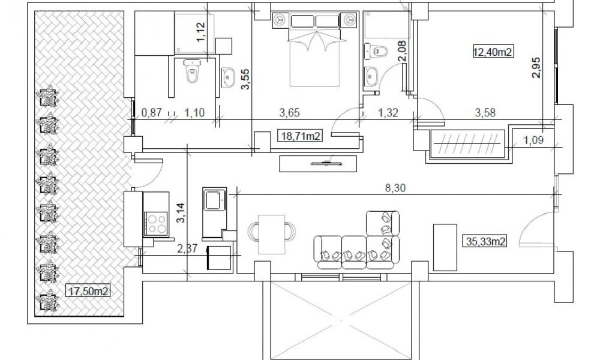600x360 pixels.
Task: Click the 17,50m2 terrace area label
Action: tap(88, 291)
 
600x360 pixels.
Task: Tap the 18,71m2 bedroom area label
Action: tap(301, 136)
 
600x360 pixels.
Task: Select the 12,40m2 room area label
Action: tap(493, 51)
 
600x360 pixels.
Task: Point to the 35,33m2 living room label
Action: tap(486, 241)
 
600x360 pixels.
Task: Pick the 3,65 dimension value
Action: tap(289, 112)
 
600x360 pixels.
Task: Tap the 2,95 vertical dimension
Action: tap(536, 67)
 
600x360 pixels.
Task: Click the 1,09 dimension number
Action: tap(533, 140)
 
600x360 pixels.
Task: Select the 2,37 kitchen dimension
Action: tap(187, 248)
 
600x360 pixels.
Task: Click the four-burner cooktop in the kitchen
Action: tap(156, 224)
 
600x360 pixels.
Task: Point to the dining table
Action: tap(272, 234)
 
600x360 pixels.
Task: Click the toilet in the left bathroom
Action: tap(192, 71)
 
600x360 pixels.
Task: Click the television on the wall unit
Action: tap(326, 163)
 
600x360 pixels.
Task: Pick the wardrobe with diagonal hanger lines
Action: tap(467, 144)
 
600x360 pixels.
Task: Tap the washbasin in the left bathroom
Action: tap(228, 77)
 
